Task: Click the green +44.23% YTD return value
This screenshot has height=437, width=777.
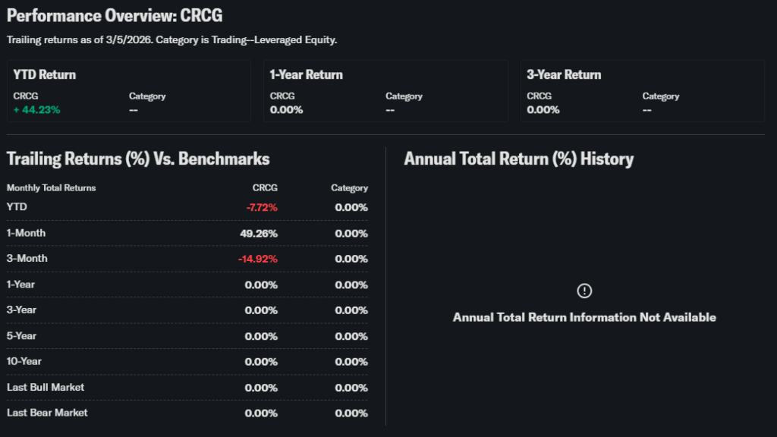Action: click(36, 109)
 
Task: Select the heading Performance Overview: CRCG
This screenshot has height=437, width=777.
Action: click(115, 15)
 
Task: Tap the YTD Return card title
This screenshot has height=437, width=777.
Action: click(45, 75)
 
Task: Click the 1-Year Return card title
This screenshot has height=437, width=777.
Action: click(306, 75)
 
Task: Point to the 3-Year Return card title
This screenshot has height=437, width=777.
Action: click(564, 75)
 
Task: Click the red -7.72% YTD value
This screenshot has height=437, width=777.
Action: click(262, 208)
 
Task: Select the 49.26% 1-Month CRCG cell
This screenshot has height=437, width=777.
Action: click(259, 234)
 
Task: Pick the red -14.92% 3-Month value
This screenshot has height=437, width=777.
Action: click(258, 259)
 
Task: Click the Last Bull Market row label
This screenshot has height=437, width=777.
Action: click(46, 387)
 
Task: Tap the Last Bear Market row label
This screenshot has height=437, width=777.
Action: click(47, 413)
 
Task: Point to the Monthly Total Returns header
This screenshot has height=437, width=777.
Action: click(52, 187)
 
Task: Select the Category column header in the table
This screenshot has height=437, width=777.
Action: click(349, 187)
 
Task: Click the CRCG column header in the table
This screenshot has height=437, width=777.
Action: click(265, 187)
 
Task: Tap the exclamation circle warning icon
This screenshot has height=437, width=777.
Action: click(584, 291)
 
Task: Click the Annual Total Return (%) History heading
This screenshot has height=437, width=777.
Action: click(518, 159)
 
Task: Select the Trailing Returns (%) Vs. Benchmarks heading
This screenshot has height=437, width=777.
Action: click(138, 159)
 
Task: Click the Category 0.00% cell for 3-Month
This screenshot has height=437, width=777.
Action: click(351, 259)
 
